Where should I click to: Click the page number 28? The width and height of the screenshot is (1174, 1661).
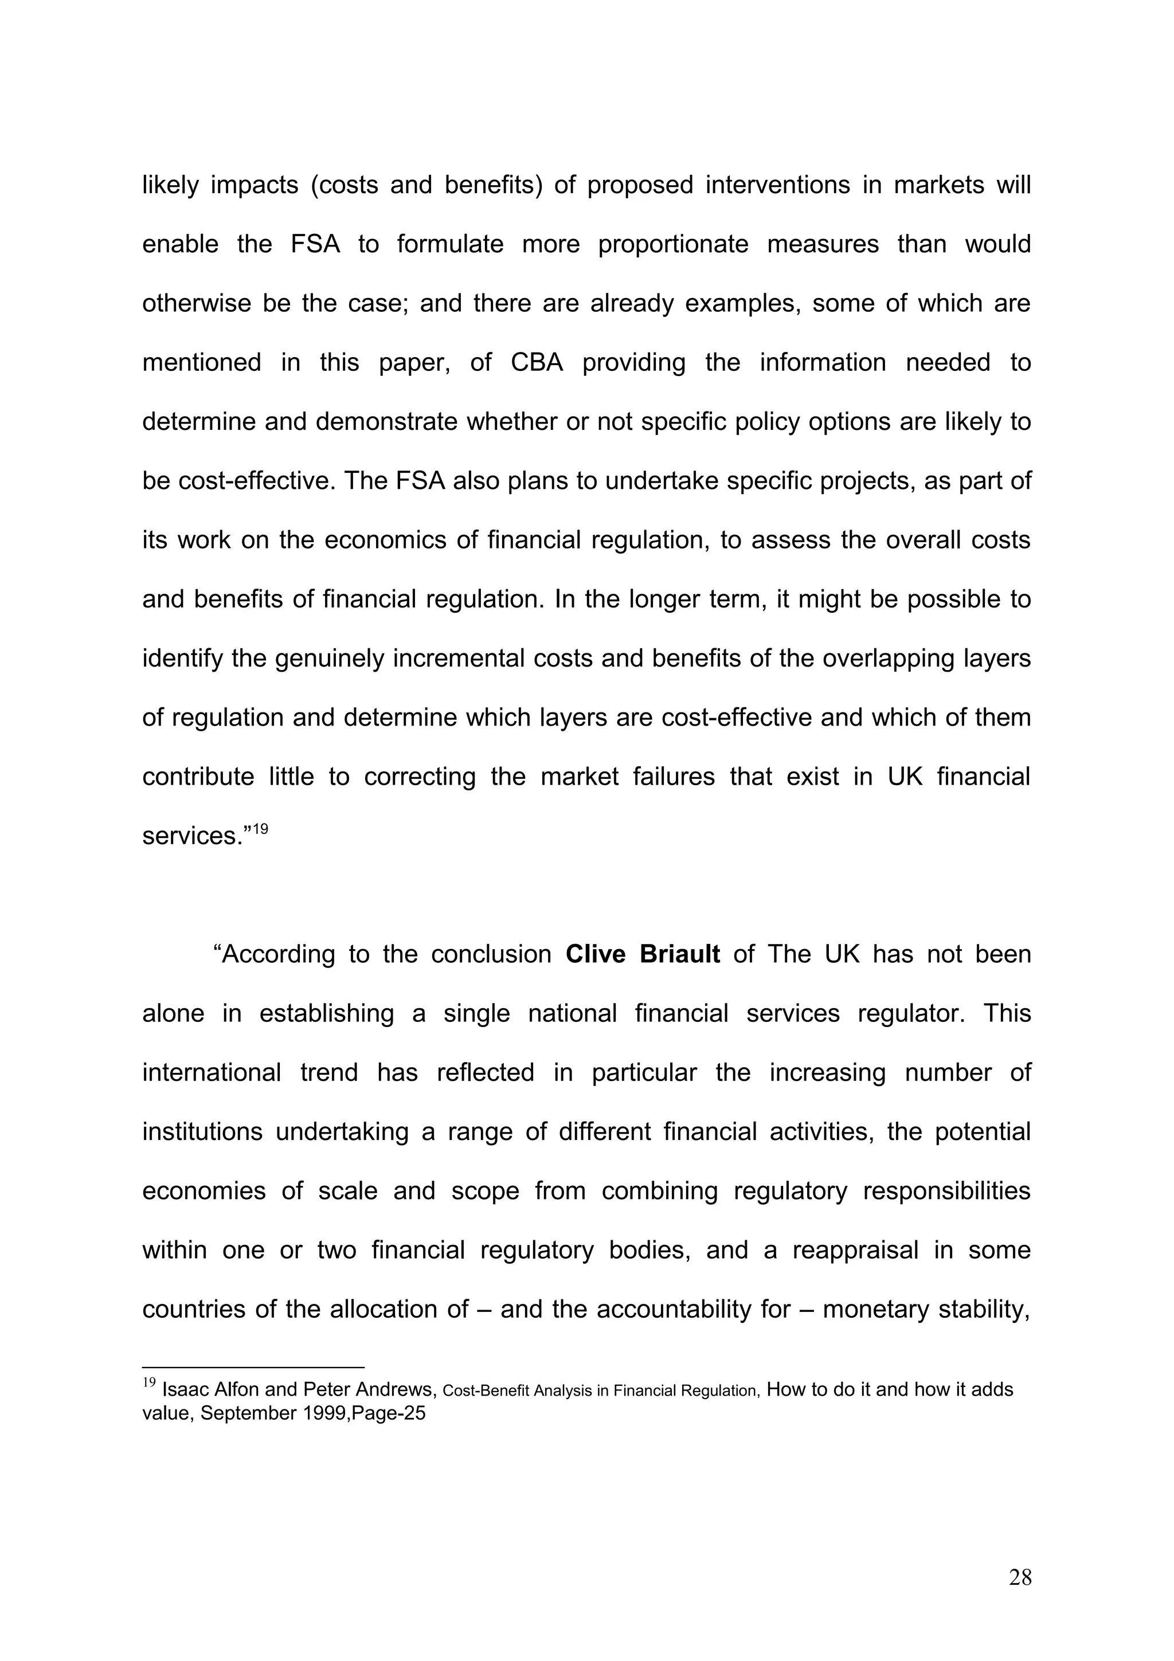[1020, 1578]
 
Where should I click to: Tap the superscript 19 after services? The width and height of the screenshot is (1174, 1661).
[260, 828]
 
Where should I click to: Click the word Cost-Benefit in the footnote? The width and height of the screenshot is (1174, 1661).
[486, 1391]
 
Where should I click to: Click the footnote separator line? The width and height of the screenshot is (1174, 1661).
[253, 1368]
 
